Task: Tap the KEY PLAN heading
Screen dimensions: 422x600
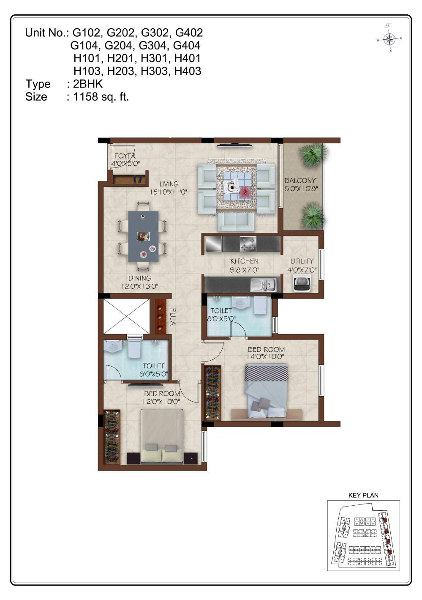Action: pyautogui.click(x=363, y=495)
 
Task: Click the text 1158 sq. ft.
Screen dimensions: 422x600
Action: pyautogui.click(x=101, y=97)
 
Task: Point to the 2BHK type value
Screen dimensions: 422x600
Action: pyautogui.click(x=88, y=84)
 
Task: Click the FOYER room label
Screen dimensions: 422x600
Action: pyautogui.click(x=125, y=156)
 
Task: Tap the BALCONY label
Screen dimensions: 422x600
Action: pyautogui.click(x=300, y=180)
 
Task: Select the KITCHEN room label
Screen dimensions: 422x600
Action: pyautogui.click(x=244, y=261)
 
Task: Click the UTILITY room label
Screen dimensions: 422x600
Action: pyautogui.click(x=302, y=261)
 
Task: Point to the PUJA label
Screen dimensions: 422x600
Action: pyautogui.click(x=173, y=317)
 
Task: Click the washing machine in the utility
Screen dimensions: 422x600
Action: pyautogui.click(x=302, y=283)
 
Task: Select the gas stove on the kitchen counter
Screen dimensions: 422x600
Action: pyautogui.click(x=248, y=244)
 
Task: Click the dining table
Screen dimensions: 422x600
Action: pyautogui.click(x=143, y=236)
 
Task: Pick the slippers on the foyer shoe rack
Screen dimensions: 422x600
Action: pyautogui.click(x=138, y=179)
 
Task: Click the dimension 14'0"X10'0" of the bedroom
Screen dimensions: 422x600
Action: pyautogui.click(x=266, y=356)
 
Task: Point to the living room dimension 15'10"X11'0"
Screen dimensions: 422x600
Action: pyautogui.click(x=168, y=192)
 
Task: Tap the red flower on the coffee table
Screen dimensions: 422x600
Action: pyautogui.click(x=244, y=192)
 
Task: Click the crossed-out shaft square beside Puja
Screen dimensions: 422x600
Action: pyautogui.click(x=126, y=316)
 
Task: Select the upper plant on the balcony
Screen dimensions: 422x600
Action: pyautogui.click(x=312, y=156)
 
